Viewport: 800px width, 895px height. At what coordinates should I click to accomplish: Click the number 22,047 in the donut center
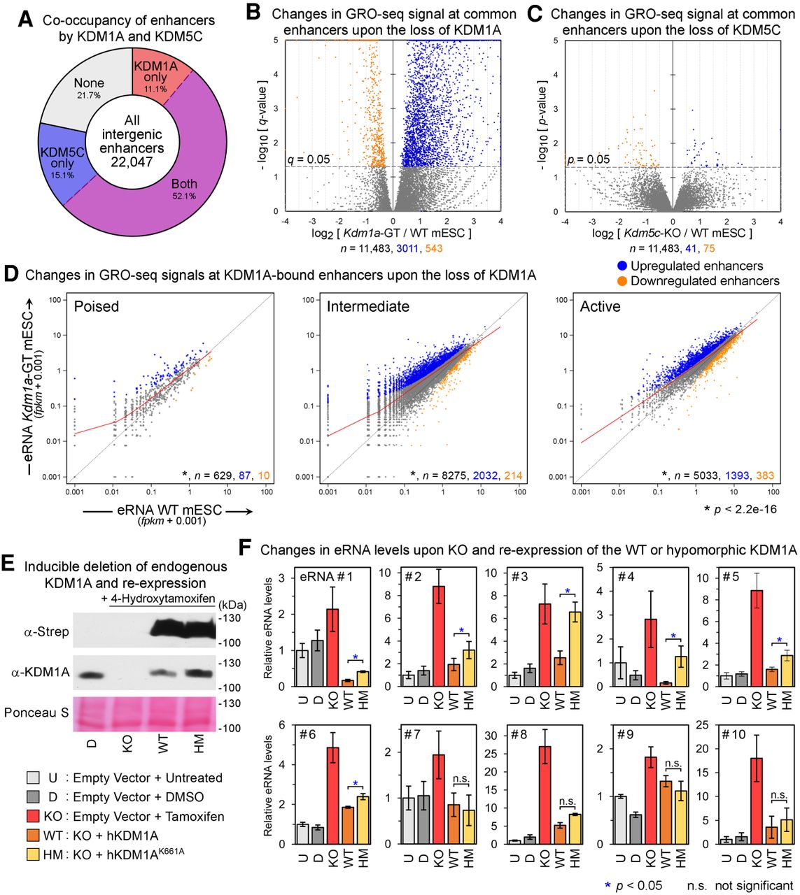[x=132, y=162]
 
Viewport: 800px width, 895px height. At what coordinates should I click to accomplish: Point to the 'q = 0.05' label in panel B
[x=309, y=159]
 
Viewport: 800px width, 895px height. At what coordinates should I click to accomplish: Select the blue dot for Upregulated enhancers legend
[x=622, y=266]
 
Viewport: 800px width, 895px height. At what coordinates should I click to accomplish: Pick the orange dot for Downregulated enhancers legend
[x=622, y=281]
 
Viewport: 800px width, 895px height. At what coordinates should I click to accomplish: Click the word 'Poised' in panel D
[x=97, y=306]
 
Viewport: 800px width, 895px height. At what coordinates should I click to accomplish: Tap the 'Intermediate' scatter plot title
[x=368, y=306]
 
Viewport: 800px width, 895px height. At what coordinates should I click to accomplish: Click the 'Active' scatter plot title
[x=600, y=306]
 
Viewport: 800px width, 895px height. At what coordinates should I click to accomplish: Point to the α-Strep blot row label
[x=46, y=631]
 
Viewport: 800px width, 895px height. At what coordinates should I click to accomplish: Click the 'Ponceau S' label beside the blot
[x=36, y=713]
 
